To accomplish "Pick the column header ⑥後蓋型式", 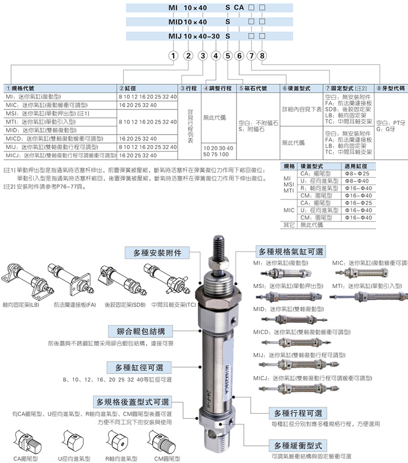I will pos(302,89).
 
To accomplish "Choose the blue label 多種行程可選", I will pos(297,412).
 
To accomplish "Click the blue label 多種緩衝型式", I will pos(297,445).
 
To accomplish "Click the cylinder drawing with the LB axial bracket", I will pos(24,280).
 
